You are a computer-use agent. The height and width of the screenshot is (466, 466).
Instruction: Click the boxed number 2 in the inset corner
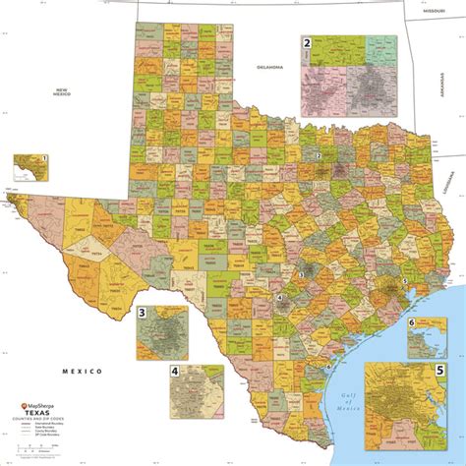(307, 43)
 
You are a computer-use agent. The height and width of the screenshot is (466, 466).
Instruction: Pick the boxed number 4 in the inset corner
(174, 372)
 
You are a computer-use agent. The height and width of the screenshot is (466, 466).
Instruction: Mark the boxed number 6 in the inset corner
(411, 322)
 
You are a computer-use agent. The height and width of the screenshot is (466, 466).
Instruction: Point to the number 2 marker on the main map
(319, 156)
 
